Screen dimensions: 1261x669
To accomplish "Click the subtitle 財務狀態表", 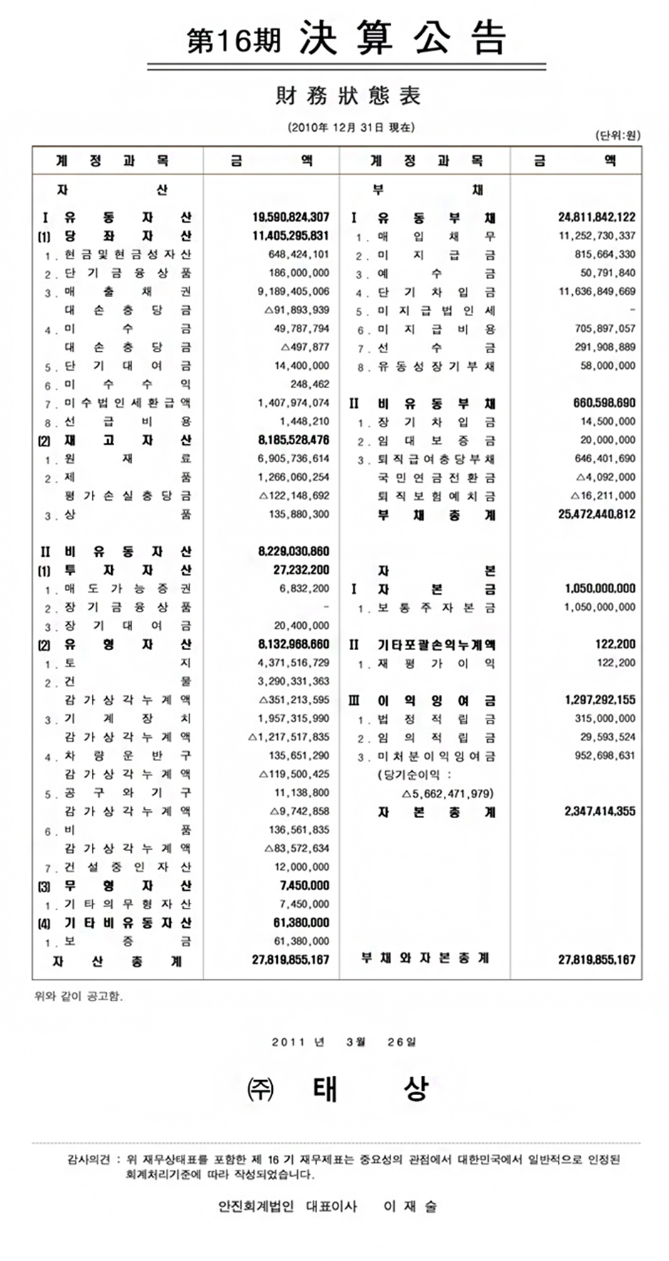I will point(348,95).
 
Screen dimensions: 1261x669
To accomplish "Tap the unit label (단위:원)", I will point(617,135).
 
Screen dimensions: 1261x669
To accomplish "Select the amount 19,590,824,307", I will point(291,217).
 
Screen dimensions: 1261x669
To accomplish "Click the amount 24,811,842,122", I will point(596,217).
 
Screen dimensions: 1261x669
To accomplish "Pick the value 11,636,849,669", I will point(596,291).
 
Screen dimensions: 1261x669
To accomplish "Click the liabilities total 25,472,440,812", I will point(596,514).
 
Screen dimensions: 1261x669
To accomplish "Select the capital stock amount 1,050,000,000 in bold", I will point(600,588).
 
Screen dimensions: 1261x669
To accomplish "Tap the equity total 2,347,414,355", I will point(600,811).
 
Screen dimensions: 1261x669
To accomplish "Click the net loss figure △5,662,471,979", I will point(447,793).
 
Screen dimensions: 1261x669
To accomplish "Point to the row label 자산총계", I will point(118,961).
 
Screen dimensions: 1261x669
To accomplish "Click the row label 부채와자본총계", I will point(425,958).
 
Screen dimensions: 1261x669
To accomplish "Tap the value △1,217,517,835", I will point(289,737).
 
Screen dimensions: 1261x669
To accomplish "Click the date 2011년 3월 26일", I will point(344,1042).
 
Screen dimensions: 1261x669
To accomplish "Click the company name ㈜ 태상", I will point(338,1089).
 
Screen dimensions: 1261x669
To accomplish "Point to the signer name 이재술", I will point(410,1206).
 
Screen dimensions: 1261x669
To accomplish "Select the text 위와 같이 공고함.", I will point(78,996).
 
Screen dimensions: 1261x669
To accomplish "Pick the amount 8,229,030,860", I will point(294,551).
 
